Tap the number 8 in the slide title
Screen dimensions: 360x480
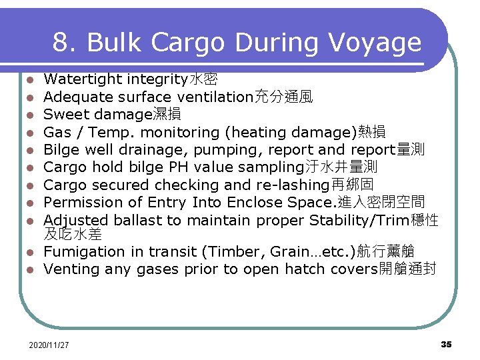(61, 43)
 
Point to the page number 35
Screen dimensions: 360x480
(446, 344)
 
